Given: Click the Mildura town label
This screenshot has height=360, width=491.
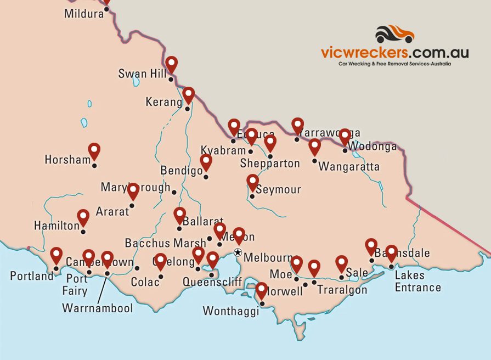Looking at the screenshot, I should point(83,14).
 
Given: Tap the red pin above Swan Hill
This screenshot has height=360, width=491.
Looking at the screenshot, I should point(172,64).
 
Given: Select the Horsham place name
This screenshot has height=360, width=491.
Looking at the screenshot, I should point(67,160).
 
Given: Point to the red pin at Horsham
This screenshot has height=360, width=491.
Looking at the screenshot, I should point(94,150).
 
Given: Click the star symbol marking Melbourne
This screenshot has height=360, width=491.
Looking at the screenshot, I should point(238,252).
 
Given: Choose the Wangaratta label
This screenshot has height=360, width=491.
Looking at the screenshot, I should point(348,166).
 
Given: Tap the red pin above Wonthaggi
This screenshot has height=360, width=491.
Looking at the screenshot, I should point(262,290).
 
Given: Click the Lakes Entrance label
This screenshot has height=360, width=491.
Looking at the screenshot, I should point(417,281).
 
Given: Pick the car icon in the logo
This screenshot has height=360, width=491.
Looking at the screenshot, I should point(394,34).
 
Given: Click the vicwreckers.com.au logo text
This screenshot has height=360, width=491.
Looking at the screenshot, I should point(394,53).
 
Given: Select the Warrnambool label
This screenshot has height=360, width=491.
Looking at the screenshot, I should point(98,308).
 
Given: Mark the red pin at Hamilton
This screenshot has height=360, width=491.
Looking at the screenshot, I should point(83,217).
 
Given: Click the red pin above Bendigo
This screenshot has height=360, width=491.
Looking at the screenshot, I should point(206,162).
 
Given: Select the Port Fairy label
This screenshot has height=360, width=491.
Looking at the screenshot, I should point(74,284).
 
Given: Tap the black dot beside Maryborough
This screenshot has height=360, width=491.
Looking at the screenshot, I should point(174,192).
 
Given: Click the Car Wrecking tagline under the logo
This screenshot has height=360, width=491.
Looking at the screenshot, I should point(394,64).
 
